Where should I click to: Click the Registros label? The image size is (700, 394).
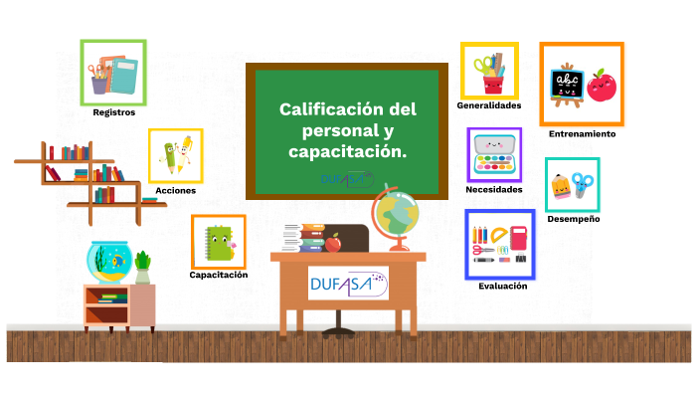click(x=113, y=112)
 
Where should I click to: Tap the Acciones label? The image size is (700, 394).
click(x=175, y=190)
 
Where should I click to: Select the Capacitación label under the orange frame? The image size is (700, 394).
click(x=219, y=274)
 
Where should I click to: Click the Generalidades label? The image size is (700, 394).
click(x=489, y=105)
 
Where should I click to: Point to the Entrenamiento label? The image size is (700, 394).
click(x=582, y=133)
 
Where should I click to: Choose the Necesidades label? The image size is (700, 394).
click(x=493, y=189)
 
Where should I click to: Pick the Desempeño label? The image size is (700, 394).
click(x=573, y=218)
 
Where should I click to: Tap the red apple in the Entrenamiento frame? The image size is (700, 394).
click(x=601, y=86)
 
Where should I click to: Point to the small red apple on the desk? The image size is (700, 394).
click(x=334, y=242)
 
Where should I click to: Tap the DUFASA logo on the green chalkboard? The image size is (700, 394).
click(x=346, y=179)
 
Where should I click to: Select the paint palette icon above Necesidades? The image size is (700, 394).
click(x=494, y=155)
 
